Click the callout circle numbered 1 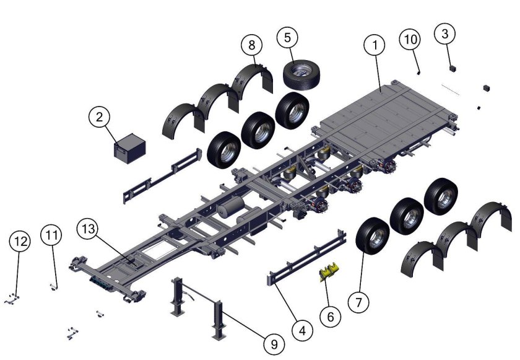[x=375, y=45]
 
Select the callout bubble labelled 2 [x=100, y=117]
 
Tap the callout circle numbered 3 [x=445, y=33]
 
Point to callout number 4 [x=303, y=330]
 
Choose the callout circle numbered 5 [x=287, y=38]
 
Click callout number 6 [x=331, y=317]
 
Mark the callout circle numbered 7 [x=359, y=302]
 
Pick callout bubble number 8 [x=252, y=45]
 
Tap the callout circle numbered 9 [x=274, y=345]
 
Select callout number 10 [x=410, y=39]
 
